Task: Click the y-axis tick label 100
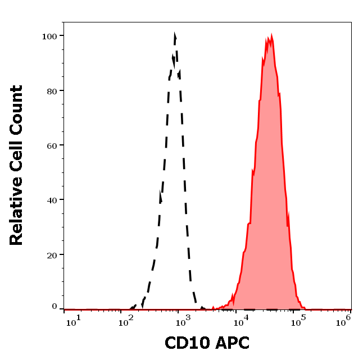pyautogui.click(x=49, y=36)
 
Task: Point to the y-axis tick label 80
pyautogui.click(x=52, y=90)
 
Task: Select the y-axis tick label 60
pyautogui.click(x=52, y=145)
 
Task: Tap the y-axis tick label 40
pyautogui.click(x=52, y=199)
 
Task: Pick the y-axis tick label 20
pyautogui.click(x=52, y=254)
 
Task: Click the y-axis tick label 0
pyautogui.click(x=55, y=307)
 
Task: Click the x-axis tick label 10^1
pyautogui.click(x=73, y=320)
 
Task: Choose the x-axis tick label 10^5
pyautogui.click(x=301, y=320)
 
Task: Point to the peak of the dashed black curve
pyautogui.click(x=175, y=36)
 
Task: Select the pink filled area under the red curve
pyautogui.click(x=270, y=197)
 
